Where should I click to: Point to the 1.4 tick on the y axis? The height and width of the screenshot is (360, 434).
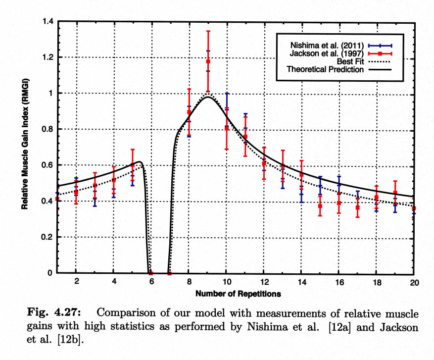click(x=48, y=22)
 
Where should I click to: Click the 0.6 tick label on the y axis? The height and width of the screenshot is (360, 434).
click(x=48, y=165)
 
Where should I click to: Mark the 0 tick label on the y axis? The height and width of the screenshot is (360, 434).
click(x=52, y=273)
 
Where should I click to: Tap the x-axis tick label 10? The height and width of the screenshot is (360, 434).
click(x=226, y=281)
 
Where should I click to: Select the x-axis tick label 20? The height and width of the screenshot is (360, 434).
click(x=414, y=281)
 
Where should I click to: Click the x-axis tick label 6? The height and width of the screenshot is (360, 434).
click(x=151, y=281)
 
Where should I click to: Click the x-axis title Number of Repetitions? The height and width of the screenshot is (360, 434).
click(x=238, y=294)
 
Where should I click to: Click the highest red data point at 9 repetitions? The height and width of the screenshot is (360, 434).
click(x=208, y=61)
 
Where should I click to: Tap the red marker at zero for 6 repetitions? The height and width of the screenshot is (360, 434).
click(x=150, y=273)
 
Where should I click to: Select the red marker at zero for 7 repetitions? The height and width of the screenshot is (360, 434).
click(x=169, y=273)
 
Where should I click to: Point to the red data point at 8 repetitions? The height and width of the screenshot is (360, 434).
click(x=189, y=112)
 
